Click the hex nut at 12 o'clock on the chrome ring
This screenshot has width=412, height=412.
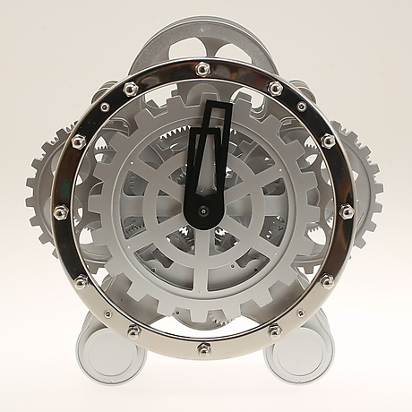click(x=204, y=68)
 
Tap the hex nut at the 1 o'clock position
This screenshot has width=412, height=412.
click(x=276, y=88)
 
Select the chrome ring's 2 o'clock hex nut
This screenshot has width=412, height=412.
click(x=328, y=141)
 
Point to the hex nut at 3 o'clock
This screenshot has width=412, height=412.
click(x=347, y=212)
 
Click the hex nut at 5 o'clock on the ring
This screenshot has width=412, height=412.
click(x=276, y=331)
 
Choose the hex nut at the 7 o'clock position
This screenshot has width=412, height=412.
click(x=133, y=331)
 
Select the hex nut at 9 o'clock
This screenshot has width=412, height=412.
click(x=61, y=212)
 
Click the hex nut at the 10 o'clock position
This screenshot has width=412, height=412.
click(x=79, y=141)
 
